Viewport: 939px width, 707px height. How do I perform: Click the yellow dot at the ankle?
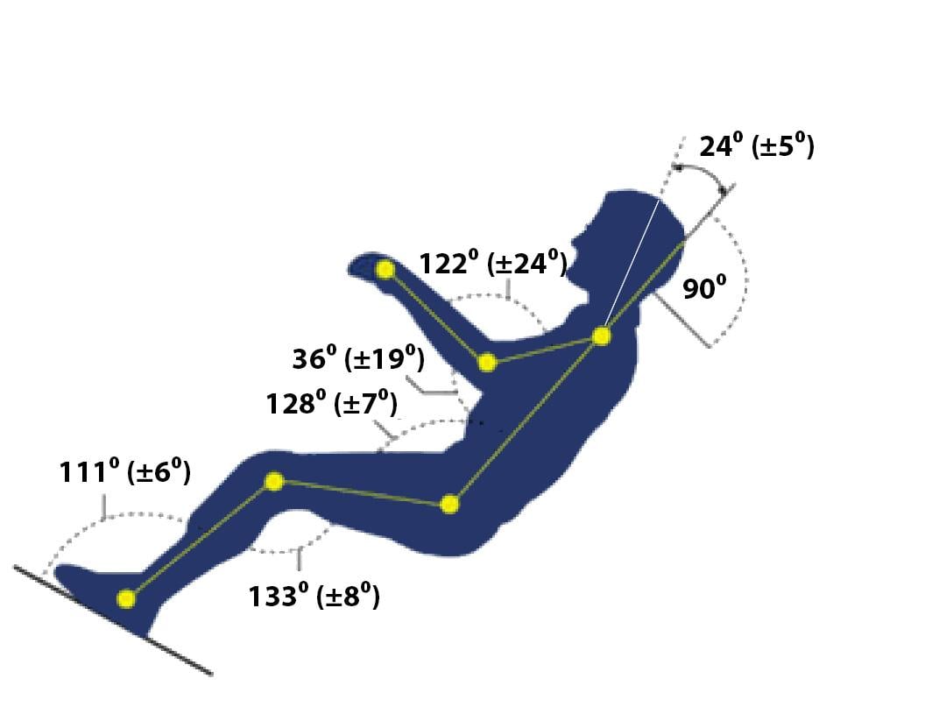[x=126, y=598]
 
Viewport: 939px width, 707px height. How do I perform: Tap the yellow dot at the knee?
[x=273, y=481]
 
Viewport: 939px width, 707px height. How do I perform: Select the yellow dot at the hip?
[x=449, y=505]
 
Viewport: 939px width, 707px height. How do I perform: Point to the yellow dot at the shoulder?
[x=601, y=336]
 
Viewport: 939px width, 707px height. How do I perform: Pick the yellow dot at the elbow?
[x=487, y=363]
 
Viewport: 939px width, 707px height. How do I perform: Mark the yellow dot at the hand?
[x=385, y=270]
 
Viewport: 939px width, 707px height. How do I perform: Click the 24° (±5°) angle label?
[x=757, y=146]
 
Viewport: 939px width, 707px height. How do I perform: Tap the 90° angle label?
[x=704, y=288]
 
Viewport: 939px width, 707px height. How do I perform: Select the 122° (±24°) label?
[x=492, y=264]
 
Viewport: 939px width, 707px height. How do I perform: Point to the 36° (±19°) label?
[x=358, y=359]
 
